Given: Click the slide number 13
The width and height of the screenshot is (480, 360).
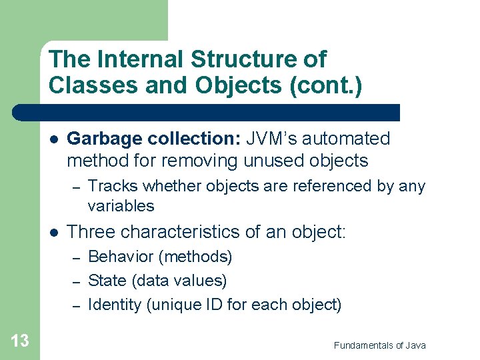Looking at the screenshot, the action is (20, 341).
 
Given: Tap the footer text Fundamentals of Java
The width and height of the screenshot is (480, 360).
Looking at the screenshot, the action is (379, 345).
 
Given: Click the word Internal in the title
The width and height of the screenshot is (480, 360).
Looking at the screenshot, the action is (141, 59).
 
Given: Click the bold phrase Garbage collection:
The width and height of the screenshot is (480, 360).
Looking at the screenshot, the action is (155, 139).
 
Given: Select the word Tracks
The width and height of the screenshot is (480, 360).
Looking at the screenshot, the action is (111, 186).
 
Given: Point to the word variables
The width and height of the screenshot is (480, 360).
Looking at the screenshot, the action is (121, 205).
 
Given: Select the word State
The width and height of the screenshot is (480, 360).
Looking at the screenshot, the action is (104, 281).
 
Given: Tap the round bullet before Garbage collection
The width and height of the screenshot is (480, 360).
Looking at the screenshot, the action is (53, 139).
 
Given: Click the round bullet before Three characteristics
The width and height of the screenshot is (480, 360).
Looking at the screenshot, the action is (53, 233).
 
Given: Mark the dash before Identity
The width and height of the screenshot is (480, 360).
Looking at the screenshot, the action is (76, 305).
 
